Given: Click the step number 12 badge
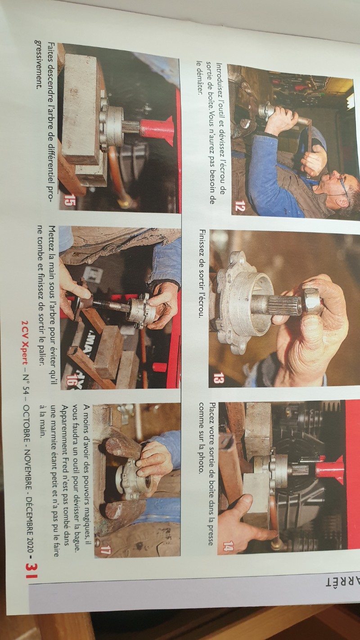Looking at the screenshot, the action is [239, 205].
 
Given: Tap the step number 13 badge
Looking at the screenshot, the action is [219, 379].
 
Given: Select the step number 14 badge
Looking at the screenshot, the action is [228, 546].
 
